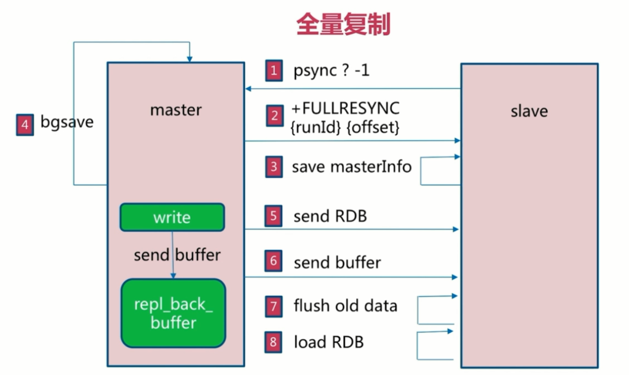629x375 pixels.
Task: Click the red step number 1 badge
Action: tap(274, 71)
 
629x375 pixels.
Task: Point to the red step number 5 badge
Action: tap(274, 216)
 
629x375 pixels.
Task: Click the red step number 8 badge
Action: tap(274, 342)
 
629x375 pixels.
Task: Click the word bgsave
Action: tap(67, 122)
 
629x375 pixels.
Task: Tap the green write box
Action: tap(172, 217)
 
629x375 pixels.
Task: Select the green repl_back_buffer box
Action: tap(173, 313)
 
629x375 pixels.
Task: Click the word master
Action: tap(176, 110)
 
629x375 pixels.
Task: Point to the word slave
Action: tap(529, 111)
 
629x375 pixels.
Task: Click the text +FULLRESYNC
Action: tap(346, 108)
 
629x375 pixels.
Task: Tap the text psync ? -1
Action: tap(331, 71)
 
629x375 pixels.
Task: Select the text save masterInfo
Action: tap(352, 167)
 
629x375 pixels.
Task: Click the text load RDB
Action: tap(329, 342)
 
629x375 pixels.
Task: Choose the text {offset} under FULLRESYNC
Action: tap(374, 127)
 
